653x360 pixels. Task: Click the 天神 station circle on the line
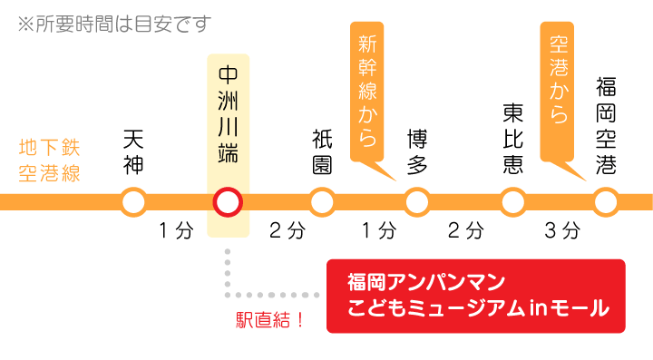click(x=133, y=200)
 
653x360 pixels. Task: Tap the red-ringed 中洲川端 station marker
click(x=227, y=200)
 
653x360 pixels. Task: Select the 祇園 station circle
click(x=322, y=200)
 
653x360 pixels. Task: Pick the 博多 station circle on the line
click(x=417, y=200)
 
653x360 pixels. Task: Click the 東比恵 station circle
click(x=512, y=200)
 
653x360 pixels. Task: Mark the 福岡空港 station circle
click(x=606, y=200)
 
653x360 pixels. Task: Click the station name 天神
click(x=133, y=151)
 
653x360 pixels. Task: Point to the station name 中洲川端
click(x=227, y=113)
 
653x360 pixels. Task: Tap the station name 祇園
click(x=322, y=151)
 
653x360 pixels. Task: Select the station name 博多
click(x=417, y=151)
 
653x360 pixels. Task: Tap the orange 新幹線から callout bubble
click(x=367, y=91)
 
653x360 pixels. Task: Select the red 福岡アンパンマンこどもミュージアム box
click(x=475, y=296)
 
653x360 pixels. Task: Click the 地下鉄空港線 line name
click(x=50, y=161)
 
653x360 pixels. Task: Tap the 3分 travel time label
click(x=561, y=230)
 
